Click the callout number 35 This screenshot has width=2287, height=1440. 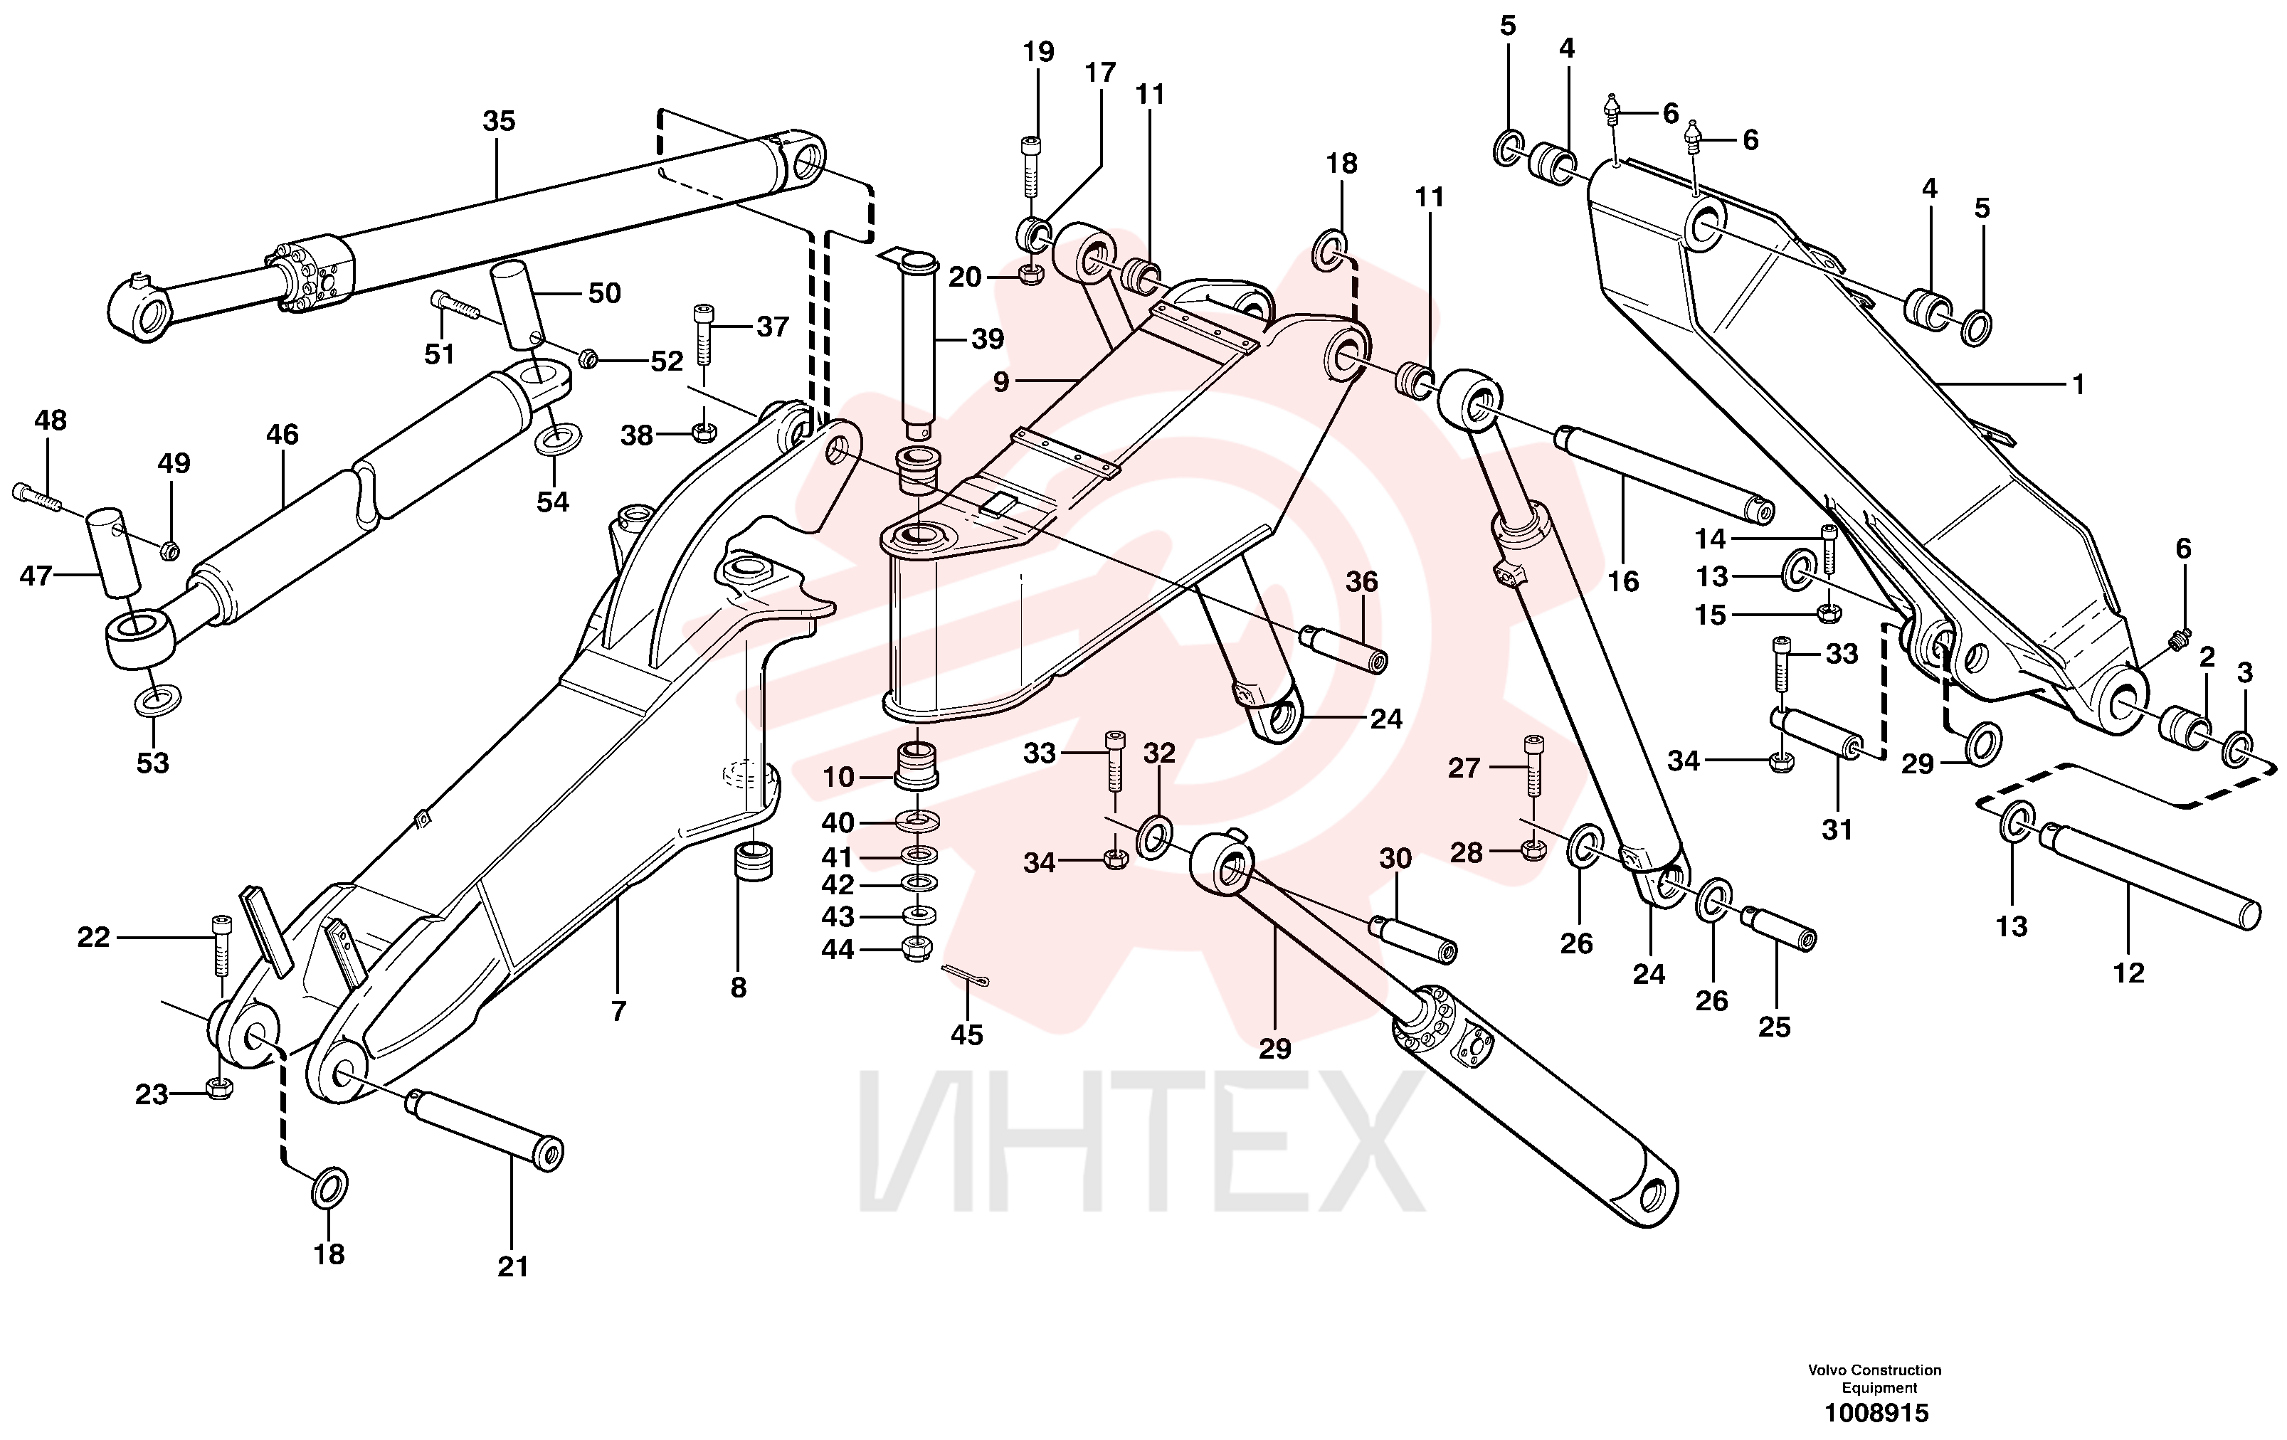click(x=499, y=122)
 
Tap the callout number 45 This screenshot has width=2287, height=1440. click(x=967, y=1035)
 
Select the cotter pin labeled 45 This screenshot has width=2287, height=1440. click(x=966, y=975)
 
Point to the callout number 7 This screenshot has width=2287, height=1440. click(x=618, y=1012)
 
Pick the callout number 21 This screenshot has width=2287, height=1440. click(x=513, y=1266)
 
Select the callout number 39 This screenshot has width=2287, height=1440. click(x=988, y=339)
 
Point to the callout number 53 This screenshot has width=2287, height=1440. click(x=152, y=763)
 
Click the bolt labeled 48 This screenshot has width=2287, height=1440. click(x=37, y=498)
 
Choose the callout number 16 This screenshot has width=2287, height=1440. click(x=1623, y=581)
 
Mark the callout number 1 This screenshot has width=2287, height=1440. click(x=2078, y=385)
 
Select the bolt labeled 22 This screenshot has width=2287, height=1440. click(x=221, y=945)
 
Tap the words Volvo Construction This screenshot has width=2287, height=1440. click(x=1875, y=1370)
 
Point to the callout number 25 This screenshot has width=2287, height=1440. click(x=1774, y=1027)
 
